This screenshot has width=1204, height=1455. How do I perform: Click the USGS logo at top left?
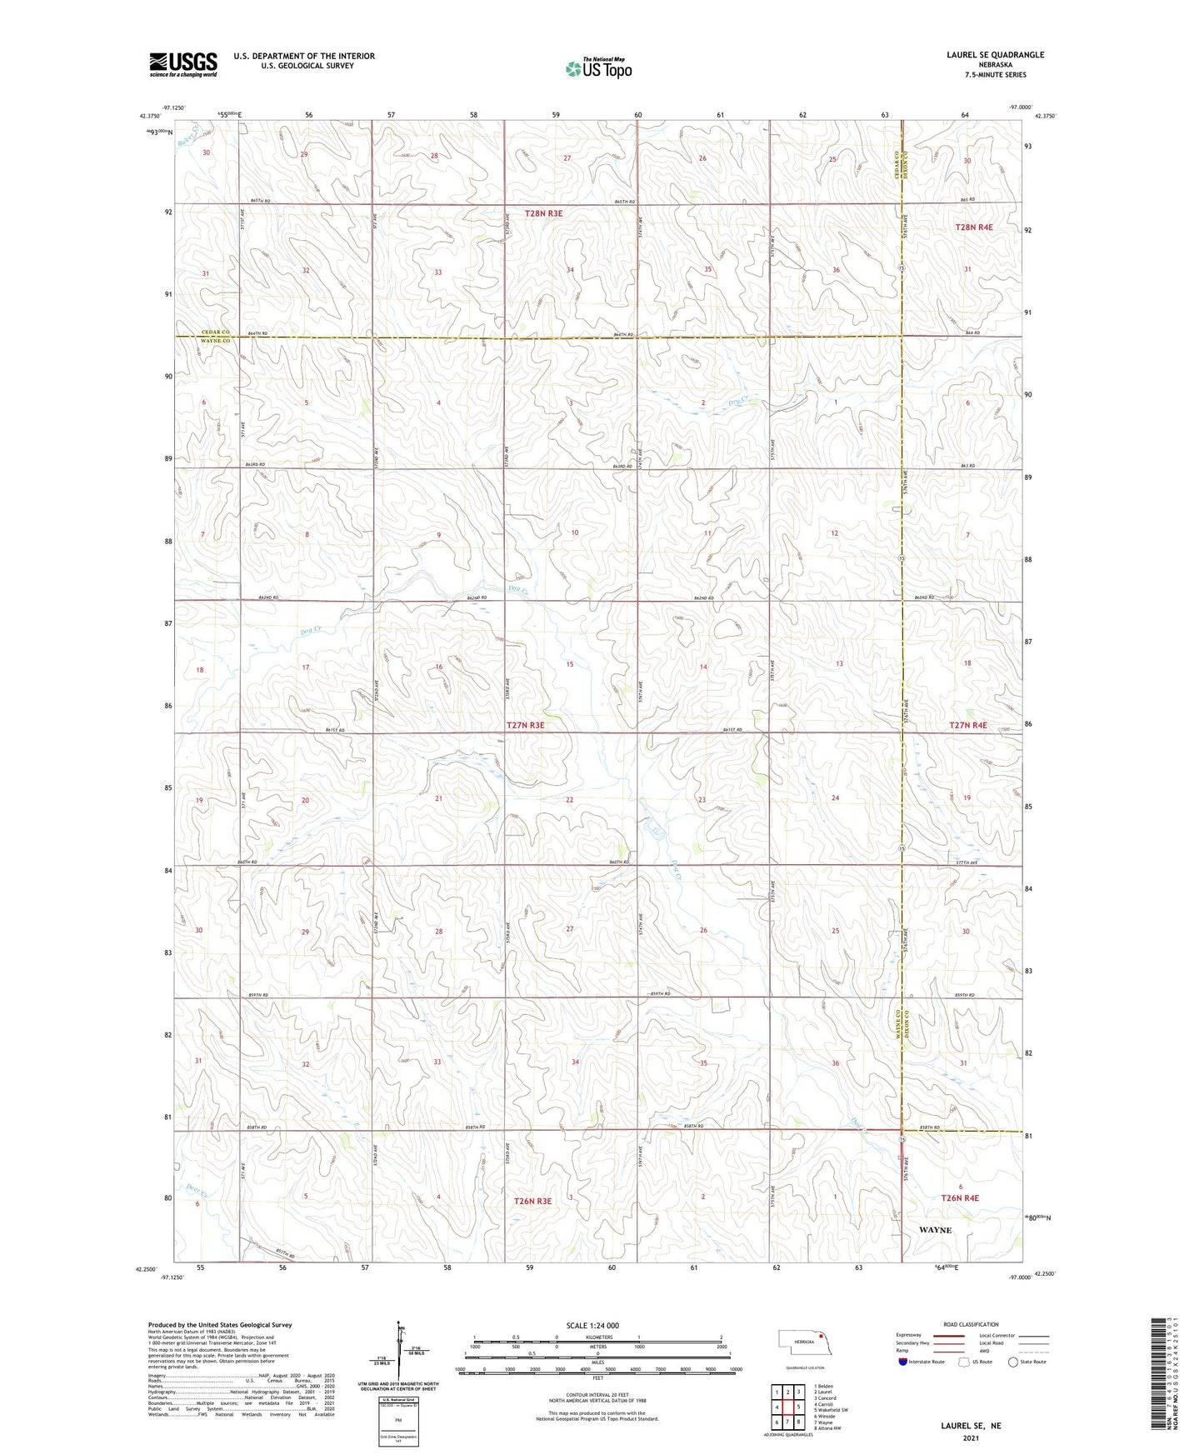183,64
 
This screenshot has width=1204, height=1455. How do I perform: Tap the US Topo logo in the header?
598,68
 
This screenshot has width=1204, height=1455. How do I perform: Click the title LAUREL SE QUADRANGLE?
995,55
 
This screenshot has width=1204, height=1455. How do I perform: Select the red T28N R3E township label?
543,213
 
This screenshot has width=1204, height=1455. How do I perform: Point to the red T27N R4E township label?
967,725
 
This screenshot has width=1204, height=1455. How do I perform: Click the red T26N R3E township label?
532,1201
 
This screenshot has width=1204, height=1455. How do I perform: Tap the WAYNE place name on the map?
935,1230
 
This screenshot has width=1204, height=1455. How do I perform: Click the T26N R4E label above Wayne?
960,1197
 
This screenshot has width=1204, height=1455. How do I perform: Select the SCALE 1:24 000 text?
592,1325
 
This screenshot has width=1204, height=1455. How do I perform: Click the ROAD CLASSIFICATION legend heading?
972,1324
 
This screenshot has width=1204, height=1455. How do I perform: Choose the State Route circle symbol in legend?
1013,1362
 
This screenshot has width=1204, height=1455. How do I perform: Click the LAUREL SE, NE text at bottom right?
971,1426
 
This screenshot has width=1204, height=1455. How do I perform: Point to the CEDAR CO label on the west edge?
215,332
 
